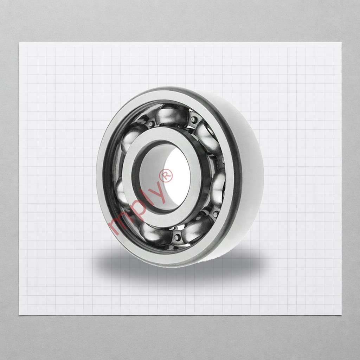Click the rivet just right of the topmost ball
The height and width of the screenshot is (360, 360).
click(x=194, y=120)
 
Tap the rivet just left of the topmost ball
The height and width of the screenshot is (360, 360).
click(x=151, y=124)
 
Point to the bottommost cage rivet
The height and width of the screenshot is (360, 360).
click(x=177, y=238)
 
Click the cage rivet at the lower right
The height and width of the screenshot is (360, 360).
click(x=215, y=214)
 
